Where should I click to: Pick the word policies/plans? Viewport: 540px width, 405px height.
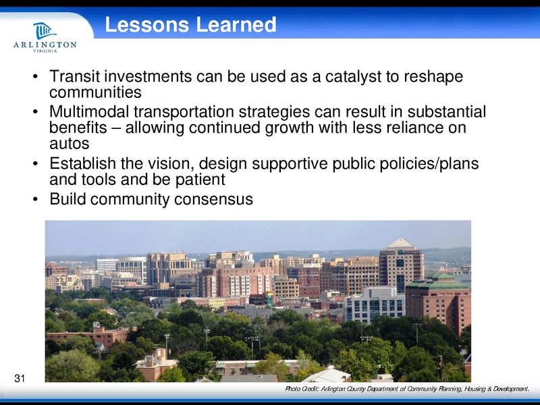click(427, 164)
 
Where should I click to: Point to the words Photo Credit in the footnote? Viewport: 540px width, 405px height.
click(306, 389)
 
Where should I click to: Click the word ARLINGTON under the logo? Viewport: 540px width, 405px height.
click(45, 45)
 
